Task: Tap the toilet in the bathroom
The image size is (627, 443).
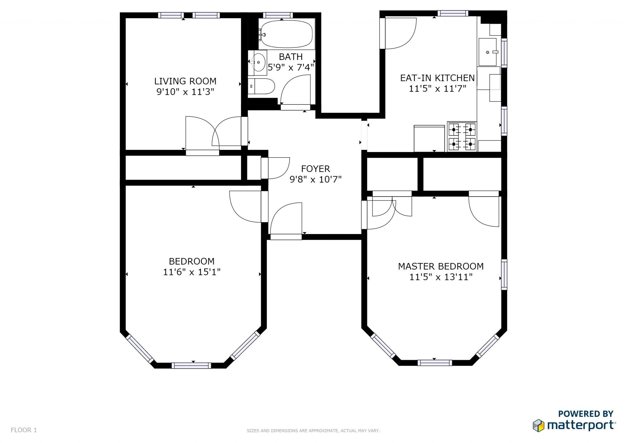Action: pos(261,86)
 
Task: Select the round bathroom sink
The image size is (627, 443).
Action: pos(258,62)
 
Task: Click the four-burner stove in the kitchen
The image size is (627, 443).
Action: pos(462,136)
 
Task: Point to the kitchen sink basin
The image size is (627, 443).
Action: pos(487,52)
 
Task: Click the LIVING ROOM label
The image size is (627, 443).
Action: pos(185,81)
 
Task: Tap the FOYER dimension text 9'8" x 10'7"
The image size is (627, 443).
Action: pos(315,179)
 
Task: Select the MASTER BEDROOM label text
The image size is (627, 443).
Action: pos(441,266)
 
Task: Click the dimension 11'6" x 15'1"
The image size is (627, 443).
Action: pos(192,272)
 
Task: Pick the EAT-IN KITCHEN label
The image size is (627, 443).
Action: pos(437,78)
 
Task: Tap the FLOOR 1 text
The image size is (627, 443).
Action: pos(24,430)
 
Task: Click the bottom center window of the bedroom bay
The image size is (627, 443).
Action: pos(191,365)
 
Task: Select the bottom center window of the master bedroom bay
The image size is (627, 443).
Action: pos(435,363)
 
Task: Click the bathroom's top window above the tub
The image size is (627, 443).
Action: pos(278,15)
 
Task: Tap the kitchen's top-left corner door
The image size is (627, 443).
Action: pos(398,33)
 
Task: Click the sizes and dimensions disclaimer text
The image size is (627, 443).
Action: pos(313,431)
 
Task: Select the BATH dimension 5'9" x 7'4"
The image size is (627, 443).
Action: pos(291,67)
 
